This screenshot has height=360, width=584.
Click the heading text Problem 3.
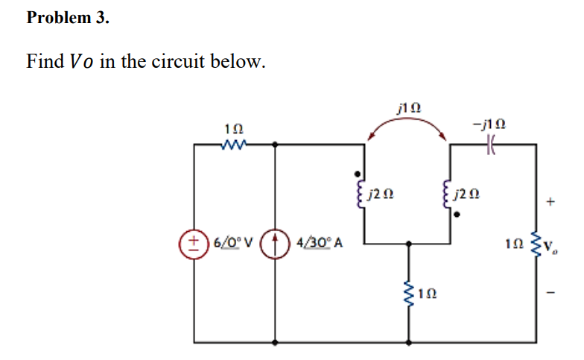(68, 19)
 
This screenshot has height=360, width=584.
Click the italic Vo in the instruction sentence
(81, 61)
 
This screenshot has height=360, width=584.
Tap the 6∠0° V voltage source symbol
(194, 241)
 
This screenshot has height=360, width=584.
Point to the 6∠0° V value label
(233, 241)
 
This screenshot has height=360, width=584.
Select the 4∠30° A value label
(320, 241)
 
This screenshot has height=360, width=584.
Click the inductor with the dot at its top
(363, 195)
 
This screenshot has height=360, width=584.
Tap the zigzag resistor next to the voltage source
(233, 145)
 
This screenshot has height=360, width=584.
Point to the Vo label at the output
(556, 245)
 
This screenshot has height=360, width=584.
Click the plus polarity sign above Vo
(551, 201)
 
